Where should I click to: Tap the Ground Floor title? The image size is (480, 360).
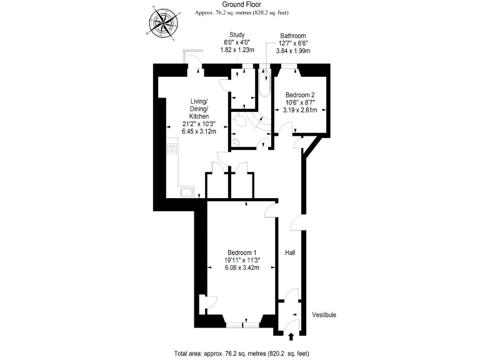point(241,4)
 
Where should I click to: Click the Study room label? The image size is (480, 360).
point(237,35)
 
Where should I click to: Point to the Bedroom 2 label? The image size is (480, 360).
point(300,95)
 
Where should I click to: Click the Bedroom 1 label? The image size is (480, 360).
point(242,252)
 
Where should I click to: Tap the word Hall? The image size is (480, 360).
point(290,253)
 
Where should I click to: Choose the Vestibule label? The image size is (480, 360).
point(324,315)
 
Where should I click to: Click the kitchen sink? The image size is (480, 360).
point(187,192)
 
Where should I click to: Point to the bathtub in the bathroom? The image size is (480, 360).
point(266,87)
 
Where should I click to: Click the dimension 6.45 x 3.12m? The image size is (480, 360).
point(199,131)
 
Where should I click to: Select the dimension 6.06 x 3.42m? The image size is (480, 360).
point(242,267)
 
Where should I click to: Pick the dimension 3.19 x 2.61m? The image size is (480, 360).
point(300,110)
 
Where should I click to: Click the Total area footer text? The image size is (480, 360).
point(241,353)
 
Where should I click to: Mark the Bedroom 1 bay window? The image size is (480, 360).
point(242,325)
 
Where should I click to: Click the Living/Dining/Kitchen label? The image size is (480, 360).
point(199,109)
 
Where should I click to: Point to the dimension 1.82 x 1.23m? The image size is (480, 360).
point(237,49)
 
